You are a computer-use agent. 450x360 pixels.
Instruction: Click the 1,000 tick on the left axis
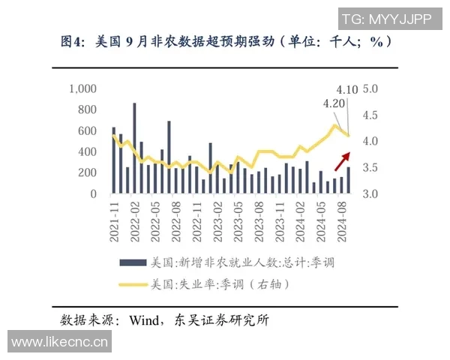pyautogui.click(x=83, y=89)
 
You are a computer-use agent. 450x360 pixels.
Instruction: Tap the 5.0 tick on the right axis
pyautogui.click(x=373, y=89)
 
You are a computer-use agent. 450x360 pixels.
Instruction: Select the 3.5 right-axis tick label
pyautogui.click(x=373, y=168)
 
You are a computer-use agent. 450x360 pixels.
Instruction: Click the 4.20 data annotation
pyautogui.click(x=334, y=103)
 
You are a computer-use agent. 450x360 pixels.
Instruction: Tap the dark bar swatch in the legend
pyautogui.click(x=132, y=263)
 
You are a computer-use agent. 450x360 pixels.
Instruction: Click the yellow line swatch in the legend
pyautogui.click(x=132, y=284)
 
